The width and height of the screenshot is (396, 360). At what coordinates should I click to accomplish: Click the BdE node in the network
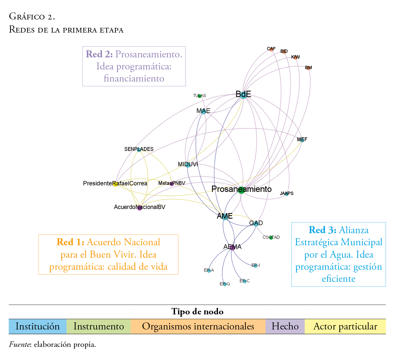coord(243,95)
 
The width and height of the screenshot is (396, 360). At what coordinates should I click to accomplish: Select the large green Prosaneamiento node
coord(241,190)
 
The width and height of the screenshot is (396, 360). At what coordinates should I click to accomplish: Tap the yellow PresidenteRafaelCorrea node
coord(115,184)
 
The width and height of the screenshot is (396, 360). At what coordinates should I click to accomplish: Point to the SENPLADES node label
coord(139,149)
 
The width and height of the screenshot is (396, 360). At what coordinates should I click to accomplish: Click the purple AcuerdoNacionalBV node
coord(139,208)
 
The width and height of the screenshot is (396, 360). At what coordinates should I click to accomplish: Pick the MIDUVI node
coord(188,165)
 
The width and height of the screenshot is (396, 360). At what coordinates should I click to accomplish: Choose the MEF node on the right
coord(302,140)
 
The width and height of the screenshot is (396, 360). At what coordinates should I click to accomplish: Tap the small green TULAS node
coord(200,96)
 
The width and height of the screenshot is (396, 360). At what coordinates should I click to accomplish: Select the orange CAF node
coord(271,49)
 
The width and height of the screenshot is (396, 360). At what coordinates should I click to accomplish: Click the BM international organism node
coord(308,68)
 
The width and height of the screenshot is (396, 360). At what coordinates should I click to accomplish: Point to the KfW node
coord(295,57)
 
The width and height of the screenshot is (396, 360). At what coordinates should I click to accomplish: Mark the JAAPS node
coord(286,194)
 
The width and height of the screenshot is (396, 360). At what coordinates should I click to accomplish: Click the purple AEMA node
coord(232,247)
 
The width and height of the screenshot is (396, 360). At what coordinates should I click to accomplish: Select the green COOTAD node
coord(271,238)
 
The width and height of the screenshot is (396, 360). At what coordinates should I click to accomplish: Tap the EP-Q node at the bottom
coord(225,284)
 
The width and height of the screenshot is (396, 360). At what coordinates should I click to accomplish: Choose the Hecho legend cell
coord(285,326)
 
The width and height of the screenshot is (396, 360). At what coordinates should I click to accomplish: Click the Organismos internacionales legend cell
coord(198,326)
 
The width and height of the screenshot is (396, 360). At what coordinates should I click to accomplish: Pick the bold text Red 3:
coord(322,230)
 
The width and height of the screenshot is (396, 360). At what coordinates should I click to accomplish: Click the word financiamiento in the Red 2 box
coord(134,79)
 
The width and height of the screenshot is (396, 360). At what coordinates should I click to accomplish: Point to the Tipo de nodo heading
coord(197,312)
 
